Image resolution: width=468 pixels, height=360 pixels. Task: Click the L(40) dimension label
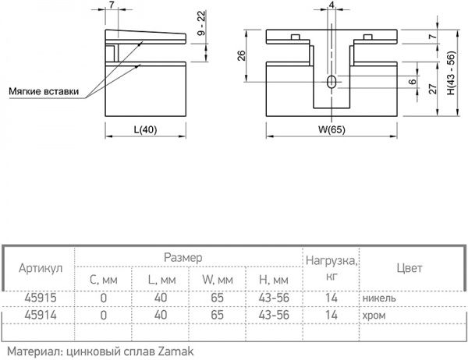tap(143, 129)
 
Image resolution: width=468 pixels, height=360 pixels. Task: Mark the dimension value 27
tap(431, 90)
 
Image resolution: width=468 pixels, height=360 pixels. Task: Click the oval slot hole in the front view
tap(332, 83)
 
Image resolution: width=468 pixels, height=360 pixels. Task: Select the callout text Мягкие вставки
tap(44, 90)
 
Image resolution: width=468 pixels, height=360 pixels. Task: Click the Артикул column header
tap(39, 267)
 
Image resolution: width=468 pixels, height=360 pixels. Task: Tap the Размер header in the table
tap(183, 256)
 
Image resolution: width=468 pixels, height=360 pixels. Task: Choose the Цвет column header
tap(409, 267)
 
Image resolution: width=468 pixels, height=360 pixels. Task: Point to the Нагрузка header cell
tap(331, 266)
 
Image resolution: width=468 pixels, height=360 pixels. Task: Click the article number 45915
tap(39, 298)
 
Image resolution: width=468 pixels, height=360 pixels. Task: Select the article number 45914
tap(39, 315)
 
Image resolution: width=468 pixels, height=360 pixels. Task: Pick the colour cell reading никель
tap(379, 298)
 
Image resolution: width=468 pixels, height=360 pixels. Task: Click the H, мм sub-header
tap(272, 279)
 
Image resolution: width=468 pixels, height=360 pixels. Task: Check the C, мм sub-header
tap(103, 279)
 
